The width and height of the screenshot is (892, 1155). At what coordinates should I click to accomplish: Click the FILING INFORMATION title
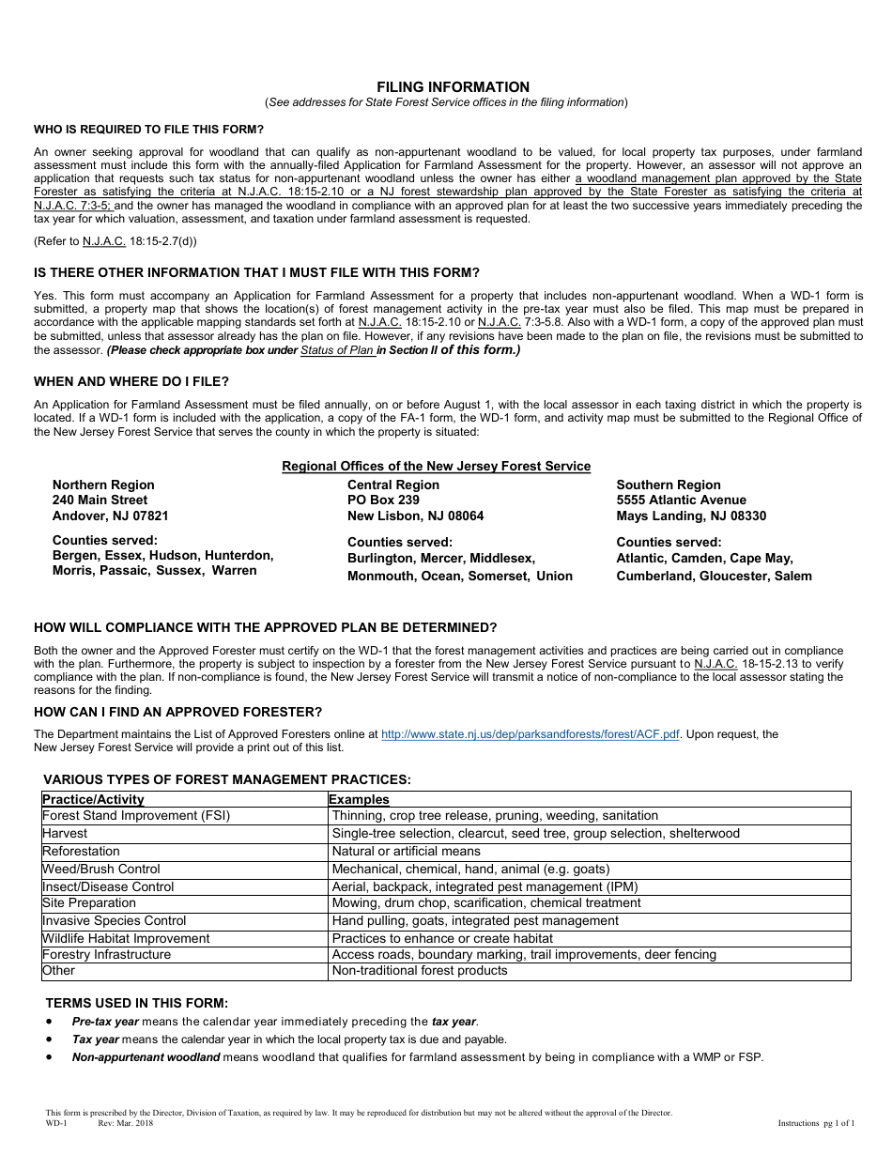pyautogui.click(x=446, y=86)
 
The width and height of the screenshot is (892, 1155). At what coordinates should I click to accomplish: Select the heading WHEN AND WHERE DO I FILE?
pyautogui.click(x=131, y=381)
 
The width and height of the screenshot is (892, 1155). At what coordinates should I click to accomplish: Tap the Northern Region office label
pyautogui.click(x=103, y=485)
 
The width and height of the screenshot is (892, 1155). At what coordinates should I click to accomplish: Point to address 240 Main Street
pyautogui.click(x=100, y=500)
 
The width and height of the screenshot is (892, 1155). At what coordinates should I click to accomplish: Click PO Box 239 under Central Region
pyautogui.click(x=383, y=500)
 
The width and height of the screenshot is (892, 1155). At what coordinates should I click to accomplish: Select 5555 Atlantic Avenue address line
pyautogui.click(x=681, y=500)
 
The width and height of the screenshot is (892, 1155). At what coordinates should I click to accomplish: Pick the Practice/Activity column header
pyautogui.click(x=93, y=799)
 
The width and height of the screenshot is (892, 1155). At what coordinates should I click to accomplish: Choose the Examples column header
pyautogui.click(x=359, y=799)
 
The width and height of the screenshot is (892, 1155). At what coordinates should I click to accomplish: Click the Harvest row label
pyautogui.click(x=65, y=833)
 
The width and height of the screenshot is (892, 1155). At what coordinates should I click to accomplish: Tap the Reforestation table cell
pyautogui.click(x=81, y=851)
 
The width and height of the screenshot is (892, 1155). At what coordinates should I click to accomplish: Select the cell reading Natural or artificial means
pyautogui.click(x=406, y=851)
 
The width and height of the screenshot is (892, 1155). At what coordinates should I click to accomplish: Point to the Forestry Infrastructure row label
pyautogui.click(x=106, y=954)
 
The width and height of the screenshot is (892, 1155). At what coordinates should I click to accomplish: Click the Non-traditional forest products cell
pyautogui.click(x=419, y=971)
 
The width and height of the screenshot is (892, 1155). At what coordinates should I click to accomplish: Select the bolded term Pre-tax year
pyautogui.click(x=105, y=1022)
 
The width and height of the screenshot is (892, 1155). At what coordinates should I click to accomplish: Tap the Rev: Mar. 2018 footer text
pyautogui.click(x=125, y=1123)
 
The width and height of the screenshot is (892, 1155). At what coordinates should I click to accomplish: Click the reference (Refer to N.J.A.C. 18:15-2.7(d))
pyautogui.click(x=115, y=241)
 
